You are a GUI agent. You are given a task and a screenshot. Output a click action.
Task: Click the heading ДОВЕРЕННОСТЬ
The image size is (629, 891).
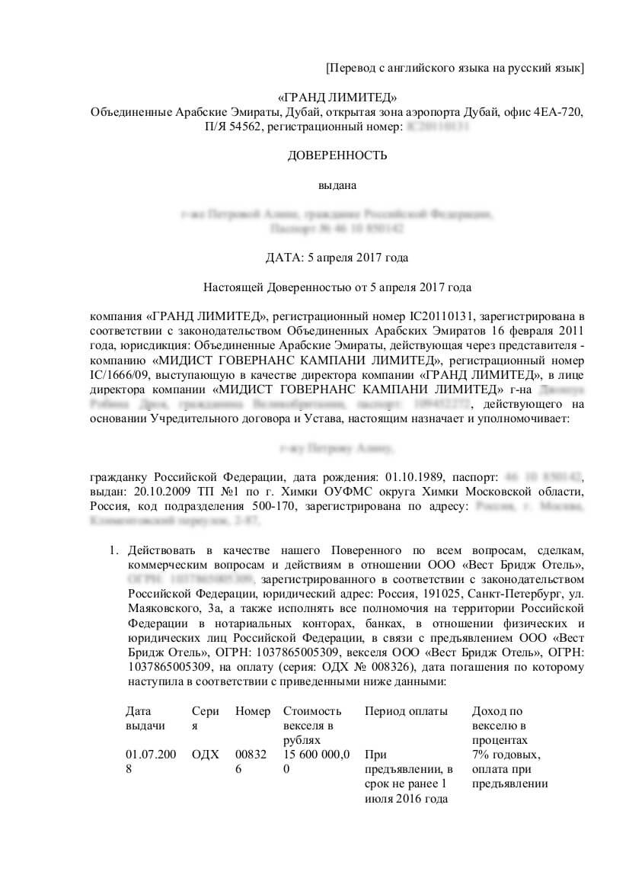[x=337, y=155]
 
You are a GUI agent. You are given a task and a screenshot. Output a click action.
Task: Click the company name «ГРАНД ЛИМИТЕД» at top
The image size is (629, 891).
[x=337, y=97]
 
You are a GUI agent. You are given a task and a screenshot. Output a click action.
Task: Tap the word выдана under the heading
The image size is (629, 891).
[x=337, y=184]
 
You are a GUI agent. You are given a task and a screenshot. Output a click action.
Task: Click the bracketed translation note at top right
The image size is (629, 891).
[x=455, y=69]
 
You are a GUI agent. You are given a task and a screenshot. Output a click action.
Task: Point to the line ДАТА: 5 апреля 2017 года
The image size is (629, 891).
[x=337, y=258]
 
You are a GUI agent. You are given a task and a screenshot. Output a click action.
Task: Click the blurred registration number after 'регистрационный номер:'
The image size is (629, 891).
[x=438, y=127]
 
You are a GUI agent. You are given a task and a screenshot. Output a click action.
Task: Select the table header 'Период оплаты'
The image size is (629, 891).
[x=406, y=711]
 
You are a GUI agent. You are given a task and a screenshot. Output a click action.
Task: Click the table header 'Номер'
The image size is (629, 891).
[x=253, y=711]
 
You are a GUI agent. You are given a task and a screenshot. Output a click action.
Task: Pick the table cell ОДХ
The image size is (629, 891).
[x=206, y=755]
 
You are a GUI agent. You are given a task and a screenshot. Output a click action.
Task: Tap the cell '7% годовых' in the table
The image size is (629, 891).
[x=506, y=755]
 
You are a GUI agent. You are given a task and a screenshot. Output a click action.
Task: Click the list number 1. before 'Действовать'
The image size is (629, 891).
[x=114, y=550]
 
